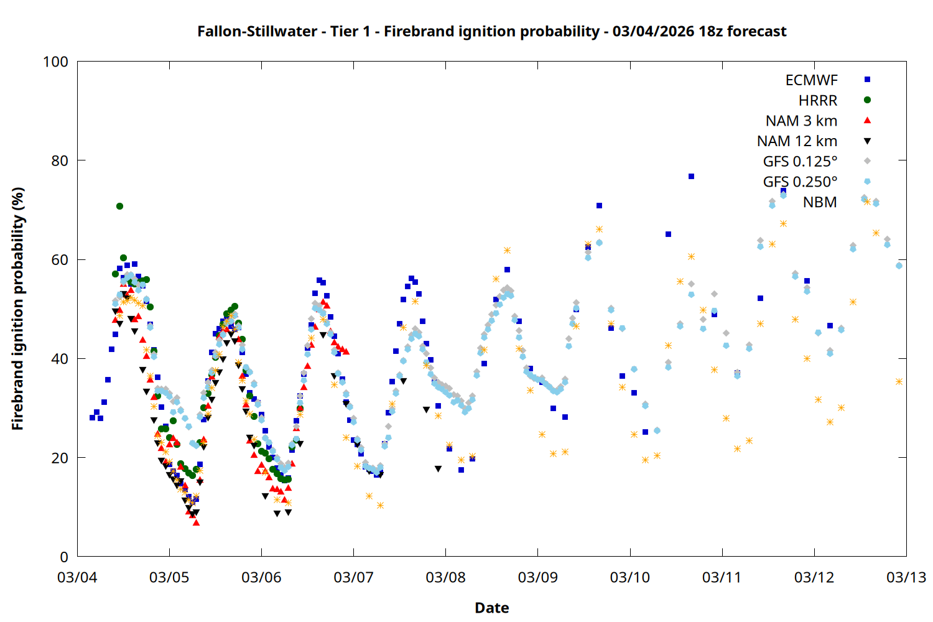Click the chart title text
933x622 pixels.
tap(491, 31)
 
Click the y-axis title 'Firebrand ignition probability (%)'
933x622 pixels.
tap(18, 309)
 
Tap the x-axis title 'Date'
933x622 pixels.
tap(491, 608)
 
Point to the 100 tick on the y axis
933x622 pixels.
tap(55, 62)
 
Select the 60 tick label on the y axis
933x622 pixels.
tap(59, 259)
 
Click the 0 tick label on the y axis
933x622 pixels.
tap(64, 557)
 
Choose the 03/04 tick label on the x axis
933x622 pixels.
tap(77, 577)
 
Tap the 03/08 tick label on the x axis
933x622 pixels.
tap(445, 577)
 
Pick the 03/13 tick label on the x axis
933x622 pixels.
tap(906, 577)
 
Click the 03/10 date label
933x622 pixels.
tap(630, 577)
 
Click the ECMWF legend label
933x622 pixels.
tap(811, 80)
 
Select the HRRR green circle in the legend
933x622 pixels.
tap(867, 100)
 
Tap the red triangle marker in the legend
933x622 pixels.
tap(867, 120)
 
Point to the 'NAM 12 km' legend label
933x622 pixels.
tap(797, 141)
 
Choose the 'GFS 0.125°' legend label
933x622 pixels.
tap(800, 162)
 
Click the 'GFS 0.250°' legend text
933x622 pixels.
tap(800, 182)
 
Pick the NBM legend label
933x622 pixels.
tap(820, 202)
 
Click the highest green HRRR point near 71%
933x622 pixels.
tap(119, 206)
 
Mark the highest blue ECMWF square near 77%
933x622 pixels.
tap(691, 177)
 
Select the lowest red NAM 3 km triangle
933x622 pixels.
tap(197, 522)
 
